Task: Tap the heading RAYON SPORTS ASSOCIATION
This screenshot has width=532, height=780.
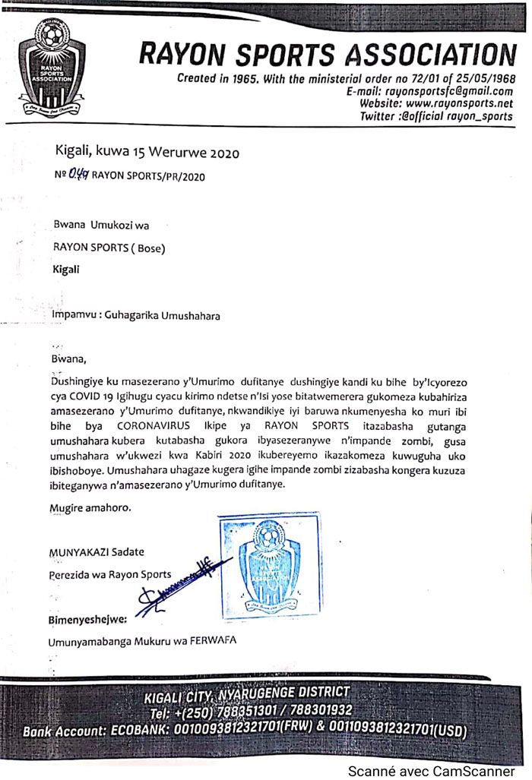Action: click(x=328, y=55)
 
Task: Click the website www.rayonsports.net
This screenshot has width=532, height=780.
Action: click(x=458, y=103)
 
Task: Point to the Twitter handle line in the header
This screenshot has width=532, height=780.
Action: click(x=436, y=116)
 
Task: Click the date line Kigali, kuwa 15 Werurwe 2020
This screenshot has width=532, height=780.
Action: click(x=147, y=153)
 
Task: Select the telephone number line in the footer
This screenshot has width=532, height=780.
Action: click(x=251, y=712)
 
